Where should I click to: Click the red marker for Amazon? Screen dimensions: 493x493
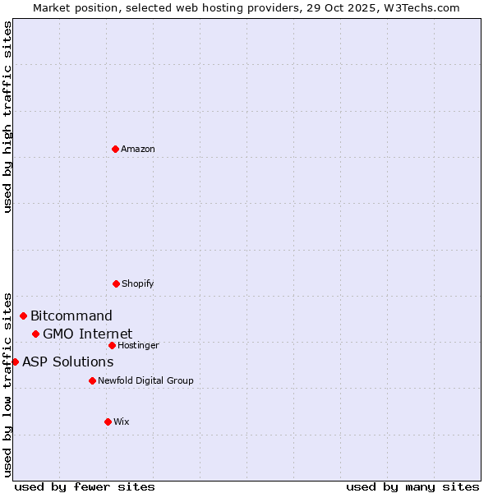[116, 149]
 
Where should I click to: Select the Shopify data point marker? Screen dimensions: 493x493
[116, 283]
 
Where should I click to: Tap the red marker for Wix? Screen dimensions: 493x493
[108, 422]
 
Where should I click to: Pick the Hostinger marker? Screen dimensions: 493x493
[112, 345]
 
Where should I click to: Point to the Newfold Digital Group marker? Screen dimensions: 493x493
[92, 380]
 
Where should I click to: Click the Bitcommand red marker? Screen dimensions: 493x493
[23, 316]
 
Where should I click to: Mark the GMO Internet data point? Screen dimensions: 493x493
[35, 334]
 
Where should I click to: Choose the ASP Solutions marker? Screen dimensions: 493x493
[15, 362]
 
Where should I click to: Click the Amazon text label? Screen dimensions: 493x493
[138, 149]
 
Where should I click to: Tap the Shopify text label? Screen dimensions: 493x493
[138, 283]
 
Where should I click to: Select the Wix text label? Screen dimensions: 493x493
[122, 422]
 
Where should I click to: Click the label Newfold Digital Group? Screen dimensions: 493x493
[145, 380]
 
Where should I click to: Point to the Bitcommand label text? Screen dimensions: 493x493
[71, 316]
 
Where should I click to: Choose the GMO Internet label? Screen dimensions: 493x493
[87, 334]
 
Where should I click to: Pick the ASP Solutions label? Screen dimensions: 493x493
[67, 362]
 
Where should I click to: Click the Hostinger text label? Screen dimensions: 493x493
[138, 345]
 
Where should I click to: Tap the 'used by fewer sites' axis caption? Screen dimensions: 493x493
[85, 486]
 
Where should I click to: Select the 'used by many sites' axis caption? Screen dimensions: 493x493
[412, 486]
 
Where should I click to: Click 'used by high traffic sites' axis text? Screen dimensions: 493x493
[7, 117]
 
